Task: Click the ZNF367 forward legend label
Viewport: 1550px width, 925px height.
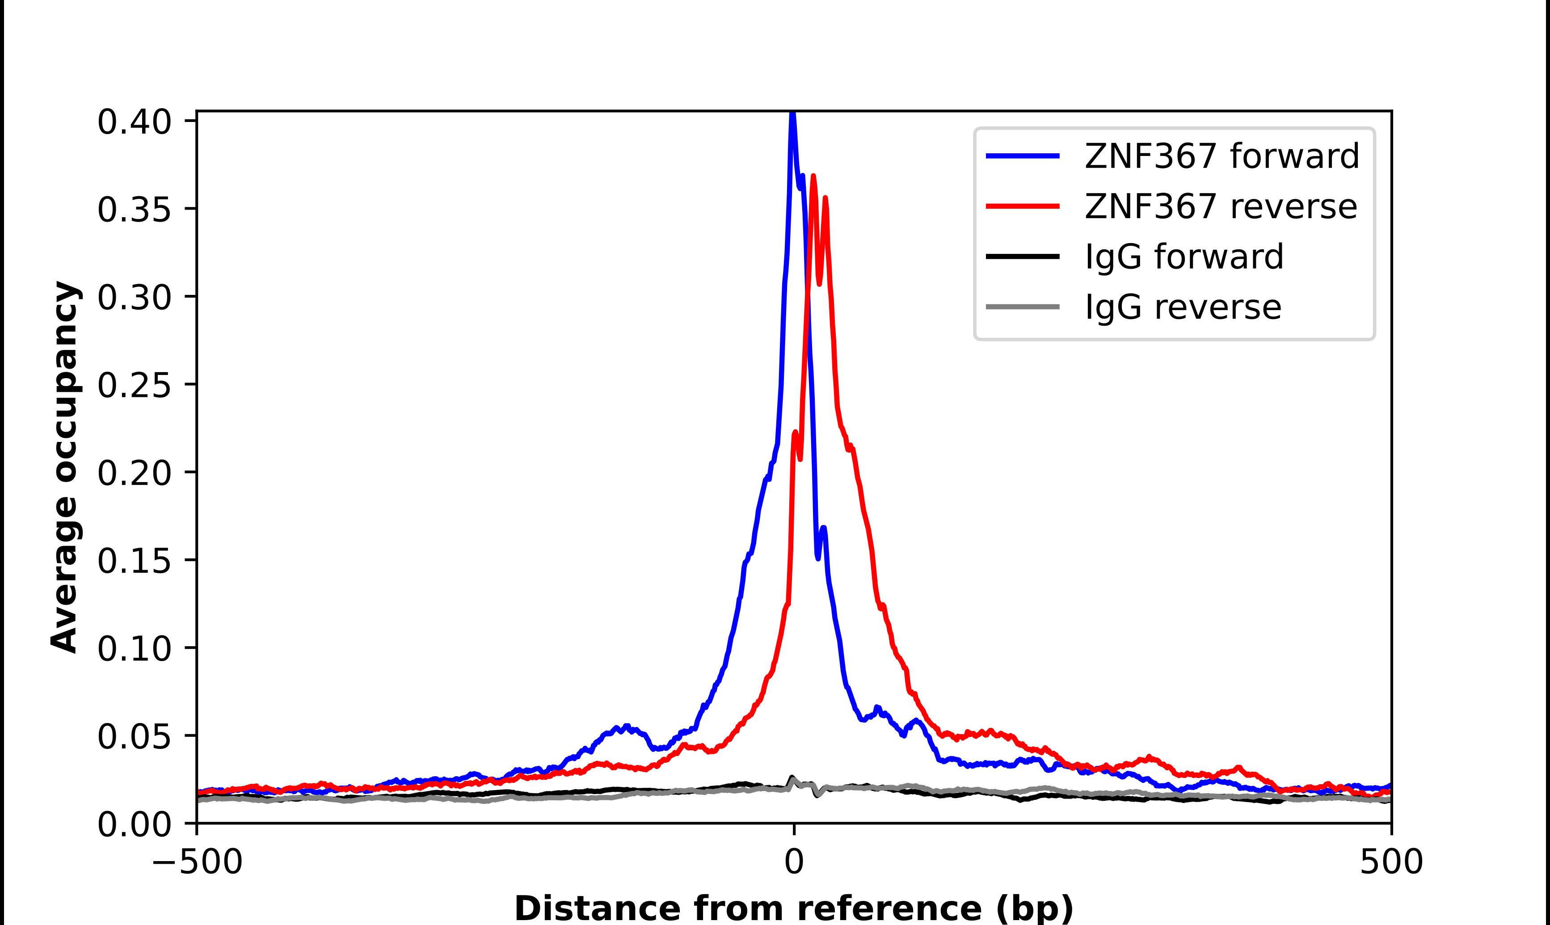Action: click(1221, 156)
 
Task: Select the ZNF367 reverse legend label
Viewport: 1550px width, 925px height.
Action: click(1220, 206)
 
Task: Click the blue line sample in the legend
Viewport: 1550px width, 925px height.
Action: click(1022, 156)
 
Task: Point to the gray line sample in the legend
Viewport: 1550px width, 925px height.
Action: click(1022, 307)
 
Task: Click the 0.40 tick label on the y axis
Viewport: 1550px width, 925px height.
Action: click(134, 122)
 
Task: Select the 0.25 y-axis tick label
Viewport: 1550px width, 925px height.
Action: click(134, 385)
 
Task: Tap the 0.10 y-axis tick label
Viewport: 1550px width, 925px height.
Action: click(134, 649)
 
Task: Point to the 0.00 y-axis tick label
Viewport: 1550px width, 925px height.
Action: click(134, 824)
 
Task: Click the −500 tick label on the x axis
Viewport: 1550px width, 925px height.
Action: click(198, 862)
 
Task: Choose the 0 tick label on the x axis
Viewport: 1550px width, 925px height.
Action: click(793, 862)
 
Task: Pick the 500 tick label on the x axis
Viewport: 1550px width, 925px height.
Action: click(1391, 862)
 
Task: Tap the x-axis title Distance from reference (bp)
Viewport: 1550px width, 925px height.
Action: click(793, 908)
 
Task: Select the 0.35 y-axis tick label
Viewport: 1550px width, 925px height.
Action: click(134, 210)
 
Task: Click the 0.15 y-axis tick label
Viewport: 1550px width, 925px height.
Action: click(134, 561)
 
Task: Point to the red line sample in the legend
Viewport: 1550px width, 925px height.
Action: click(1022, 206)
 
